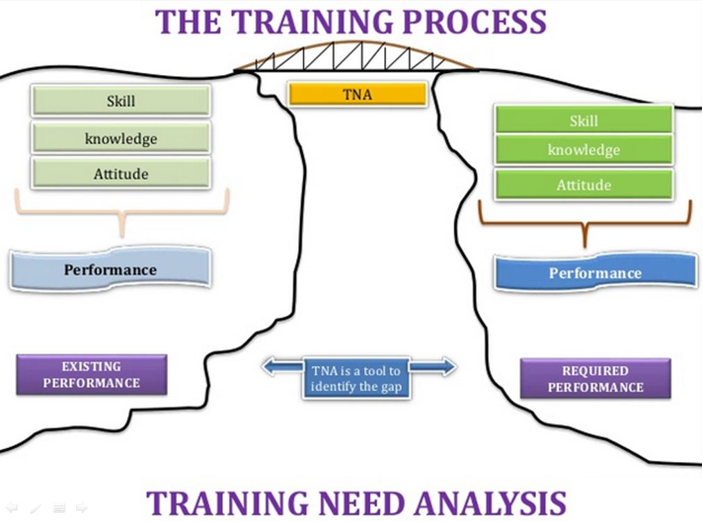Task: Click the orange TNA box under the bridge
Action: (357, 94)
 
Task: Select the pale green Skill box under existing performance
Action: (121, 101)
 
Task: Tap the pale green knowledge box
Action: (121, 138)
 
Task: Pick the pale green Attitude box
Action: (121, 174)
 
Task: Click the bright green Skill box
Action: (583, 120)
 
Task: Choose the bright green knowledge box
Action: (583, 150)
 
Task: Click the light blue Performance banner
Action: (110, 270)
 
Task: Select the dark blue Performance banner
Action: (595, 273)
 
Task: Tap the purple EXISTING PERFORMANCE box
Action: (91, 374)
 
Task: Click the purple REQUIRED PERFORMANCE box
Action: (595, 379)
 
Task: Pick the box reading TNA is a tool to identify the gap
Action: (356, 379)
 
